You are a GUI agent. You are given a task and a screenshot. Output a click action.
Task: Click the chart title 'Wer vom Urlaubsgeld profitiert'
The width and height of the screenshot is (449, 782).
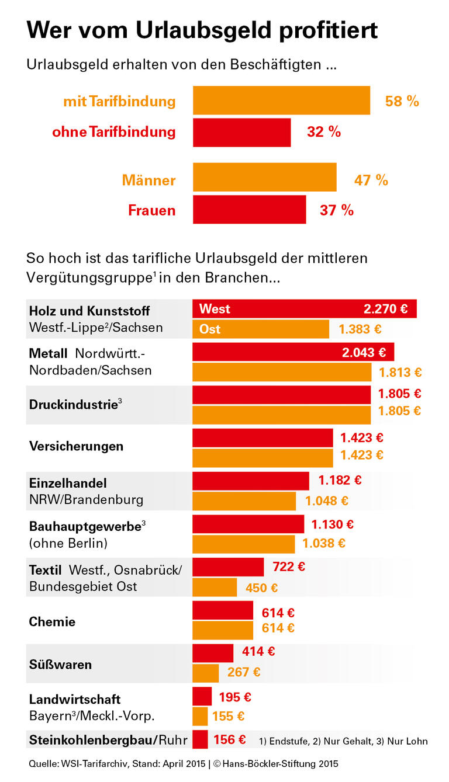[x=202, y=30]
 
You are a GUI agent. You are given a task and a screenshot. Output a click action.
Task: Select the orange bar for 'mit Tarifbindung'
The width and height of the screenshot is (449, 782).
[x=281, y=100]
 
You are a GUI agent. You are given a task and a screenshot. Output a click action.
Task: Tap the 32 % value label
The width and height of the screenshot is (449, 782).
[x=324, y=132]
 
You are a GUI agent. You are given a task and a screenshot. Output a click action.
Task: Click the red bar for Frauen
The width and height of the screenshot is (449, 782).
[x=249, y=210]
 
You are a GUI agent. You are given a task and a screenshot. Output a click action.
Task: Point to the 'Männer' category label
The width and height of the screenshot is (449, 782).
[x=148, y=180]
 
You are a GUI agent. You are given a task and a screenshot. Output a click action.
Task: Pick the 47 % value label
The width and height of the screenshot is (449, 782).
[x=371, y=180]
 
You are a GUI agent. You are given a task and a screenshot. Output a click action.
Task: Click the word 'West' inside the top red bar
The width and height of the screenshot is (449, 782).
[x=215, y=308]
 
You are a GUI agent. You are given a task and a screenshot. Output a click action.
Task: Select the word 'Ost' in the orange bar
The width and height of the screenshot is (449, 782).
[x=210, y=329]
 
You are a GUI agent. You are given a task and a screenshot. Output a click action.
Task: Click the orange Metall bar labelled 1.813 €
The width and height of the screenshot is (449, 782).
[x=282, y=372]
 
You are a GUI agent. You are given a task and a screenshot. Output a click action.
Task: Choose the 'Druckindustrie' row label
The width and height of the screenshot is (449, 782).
[x=74, y=404]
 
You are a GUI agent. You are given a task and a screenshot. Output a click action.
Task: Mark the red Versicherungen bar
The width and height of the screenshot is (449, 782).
[x=263, y=438]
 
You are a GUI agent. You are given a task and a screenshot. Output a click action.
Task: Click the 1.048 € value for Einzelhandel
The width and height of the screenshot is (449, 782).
[x=326, y=501]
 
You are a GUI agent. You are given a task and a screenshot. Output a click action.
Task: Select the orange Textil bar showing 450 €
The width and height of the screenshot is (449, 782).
[x=215, y=588]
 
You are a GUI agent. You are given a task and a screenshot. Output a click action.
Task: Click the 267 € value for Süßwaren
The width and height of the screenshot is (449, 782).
[x=244, y=672]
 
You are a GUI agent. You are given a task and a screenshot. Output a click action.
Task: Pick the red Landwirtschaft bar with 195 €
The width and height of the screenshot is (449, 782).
[x=202, y=697]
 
